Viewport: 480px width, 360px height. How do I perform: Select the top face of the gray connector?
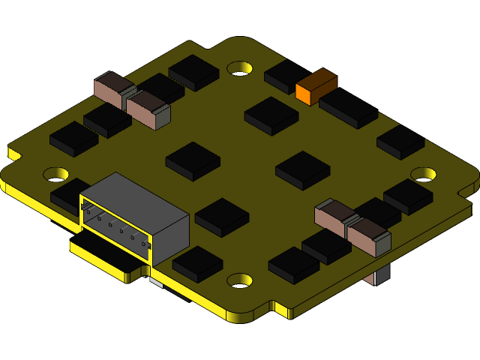click(135, 196)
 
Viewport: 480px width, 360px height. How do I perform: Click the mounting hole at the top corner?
click(239, 68)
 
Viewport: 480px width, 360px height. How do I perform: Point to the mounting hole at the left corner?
click(55, 174)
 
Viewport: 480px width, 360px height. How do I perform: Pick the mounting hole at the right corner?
click(423, 174)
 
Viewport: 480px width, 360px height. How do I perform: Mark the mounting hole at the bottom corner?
click(239, 280)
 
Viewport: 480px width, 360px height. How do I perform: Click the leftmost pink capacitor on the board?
click(112, 88)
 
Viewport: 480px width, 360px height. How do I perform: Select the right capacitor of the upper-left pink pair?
click(148, 108)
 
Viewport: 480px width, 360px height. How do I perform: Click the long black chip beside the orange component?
click(349, 108)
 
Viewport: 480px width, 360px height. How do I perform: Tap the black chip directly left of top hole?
click(193, 71)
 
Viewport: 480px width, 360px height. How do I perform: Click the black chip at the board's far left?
click(73, 138)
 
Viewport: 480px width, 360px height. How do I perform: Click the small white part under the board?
click(156, 282)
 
